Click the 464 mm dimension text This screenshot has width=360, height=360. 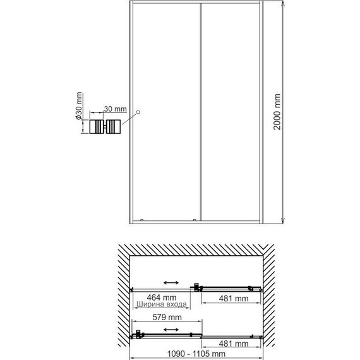[160, 297]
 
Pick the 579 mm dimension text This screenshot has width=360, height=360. [167, 318]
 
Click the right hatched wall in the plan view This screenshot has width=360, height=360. [270, 297]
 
